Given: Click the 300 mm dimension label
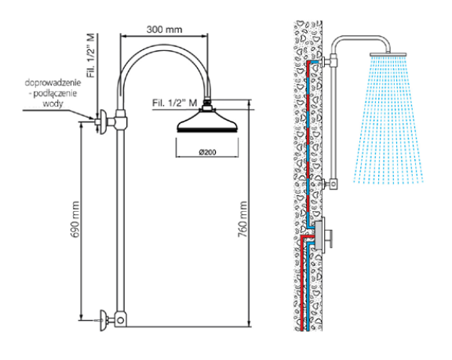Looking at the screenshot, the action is coord(164,29).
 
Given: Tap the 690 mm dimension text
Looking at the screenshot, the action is coord(75,220).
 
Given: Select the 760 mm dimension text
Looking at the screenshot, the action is coord(242,220).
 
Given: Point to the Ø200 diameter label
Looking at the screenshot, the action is coord(207,152).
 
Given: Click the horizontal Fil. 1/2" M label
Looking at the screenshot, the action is coord(175,103).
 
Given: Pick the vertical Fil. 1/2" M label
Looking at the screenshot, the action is coord(91,56).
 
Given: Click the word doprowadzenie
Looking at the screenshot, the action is coord(53,83).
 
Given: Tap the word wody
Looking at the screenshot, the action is coord(53,103).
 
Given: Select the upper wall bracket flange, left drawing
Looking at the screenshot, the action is coord(103,122).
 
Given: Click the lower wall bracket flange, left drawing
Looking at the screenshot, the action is coord(103,320).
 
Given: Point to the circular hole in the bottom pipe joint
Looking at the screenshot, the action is coord(121,320).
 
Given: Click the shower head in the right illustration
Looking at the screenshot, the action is coord(388,54).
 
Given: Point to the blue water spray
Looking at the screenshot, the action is coord(388,120).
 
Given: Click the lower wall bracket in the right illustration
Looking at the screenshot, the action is coord(330,184).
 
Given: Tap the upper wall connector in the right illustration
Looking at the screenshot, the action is coord(330,60).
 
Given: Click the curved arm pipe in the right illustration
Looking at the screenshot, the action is coord(360,38).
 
